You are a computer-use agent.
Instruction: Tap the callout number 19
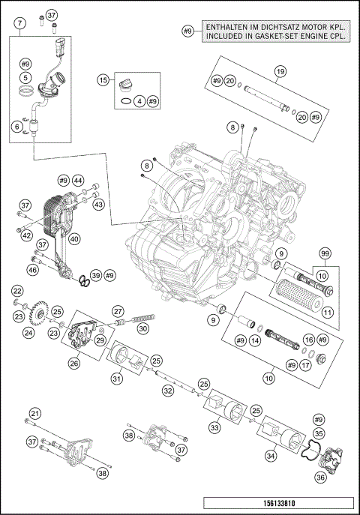(280, 72)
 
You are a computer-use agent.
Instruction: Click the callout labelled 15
(103, 80)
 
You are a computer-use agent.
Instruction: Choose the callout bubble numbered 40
(74, 240)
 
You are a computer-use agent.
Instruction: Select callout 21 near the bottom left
(34, 414)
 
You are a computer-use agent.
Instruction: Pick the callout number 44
(78, 181)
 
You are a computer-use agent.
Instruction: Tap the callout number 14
(255, 340)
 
